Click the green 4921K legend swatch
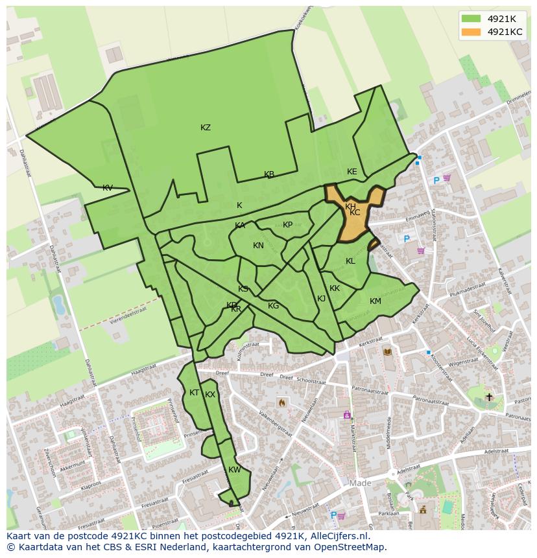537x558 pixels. coord(471,18)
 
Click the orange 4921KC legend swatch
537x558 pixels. coord(471,32)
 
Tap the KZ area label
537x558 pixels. coord(206,128)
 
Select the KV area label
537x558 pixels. coord(108,188)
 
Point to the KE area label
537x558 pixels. coord(352,172)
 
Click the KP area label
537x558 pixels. coord(288,225)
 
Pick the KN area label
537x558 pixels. coord(258,246)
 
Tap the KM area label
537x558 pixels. coord(376,301)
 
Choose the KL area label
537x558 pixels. coord(350,261)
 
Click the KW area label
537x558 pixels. coord(235,470)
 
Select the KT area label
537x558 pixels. coord(194,393)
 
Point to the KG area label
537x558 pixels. coord(274,306)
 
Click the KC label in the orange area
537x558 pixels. coord(355,213)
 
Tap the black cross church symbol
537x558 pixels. coord(489,397)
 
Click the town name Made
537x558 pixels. coord(361,483)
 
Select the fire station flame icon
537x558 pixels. coord(282,402)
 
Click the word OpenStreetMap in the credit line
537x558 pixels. coord(350,547)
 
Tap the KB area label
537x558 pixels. coord(269,174)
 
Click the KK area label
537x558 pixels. coord(335,288)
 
